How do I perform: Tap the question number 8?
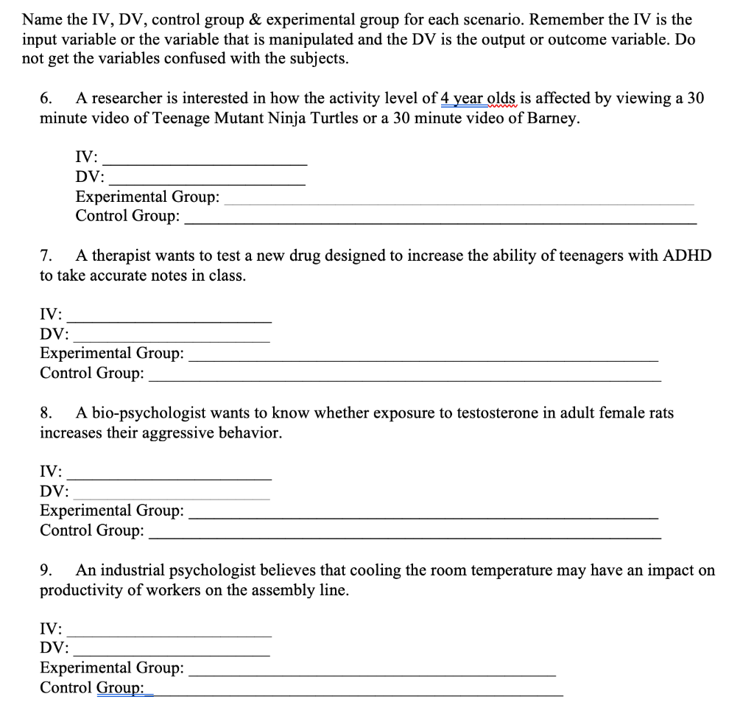click(45, 413)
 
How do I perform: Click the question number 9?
click(45, 570)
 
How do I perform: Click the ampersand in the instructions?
click(230, 19)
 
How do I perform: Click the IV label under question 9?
click(51, 629)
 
